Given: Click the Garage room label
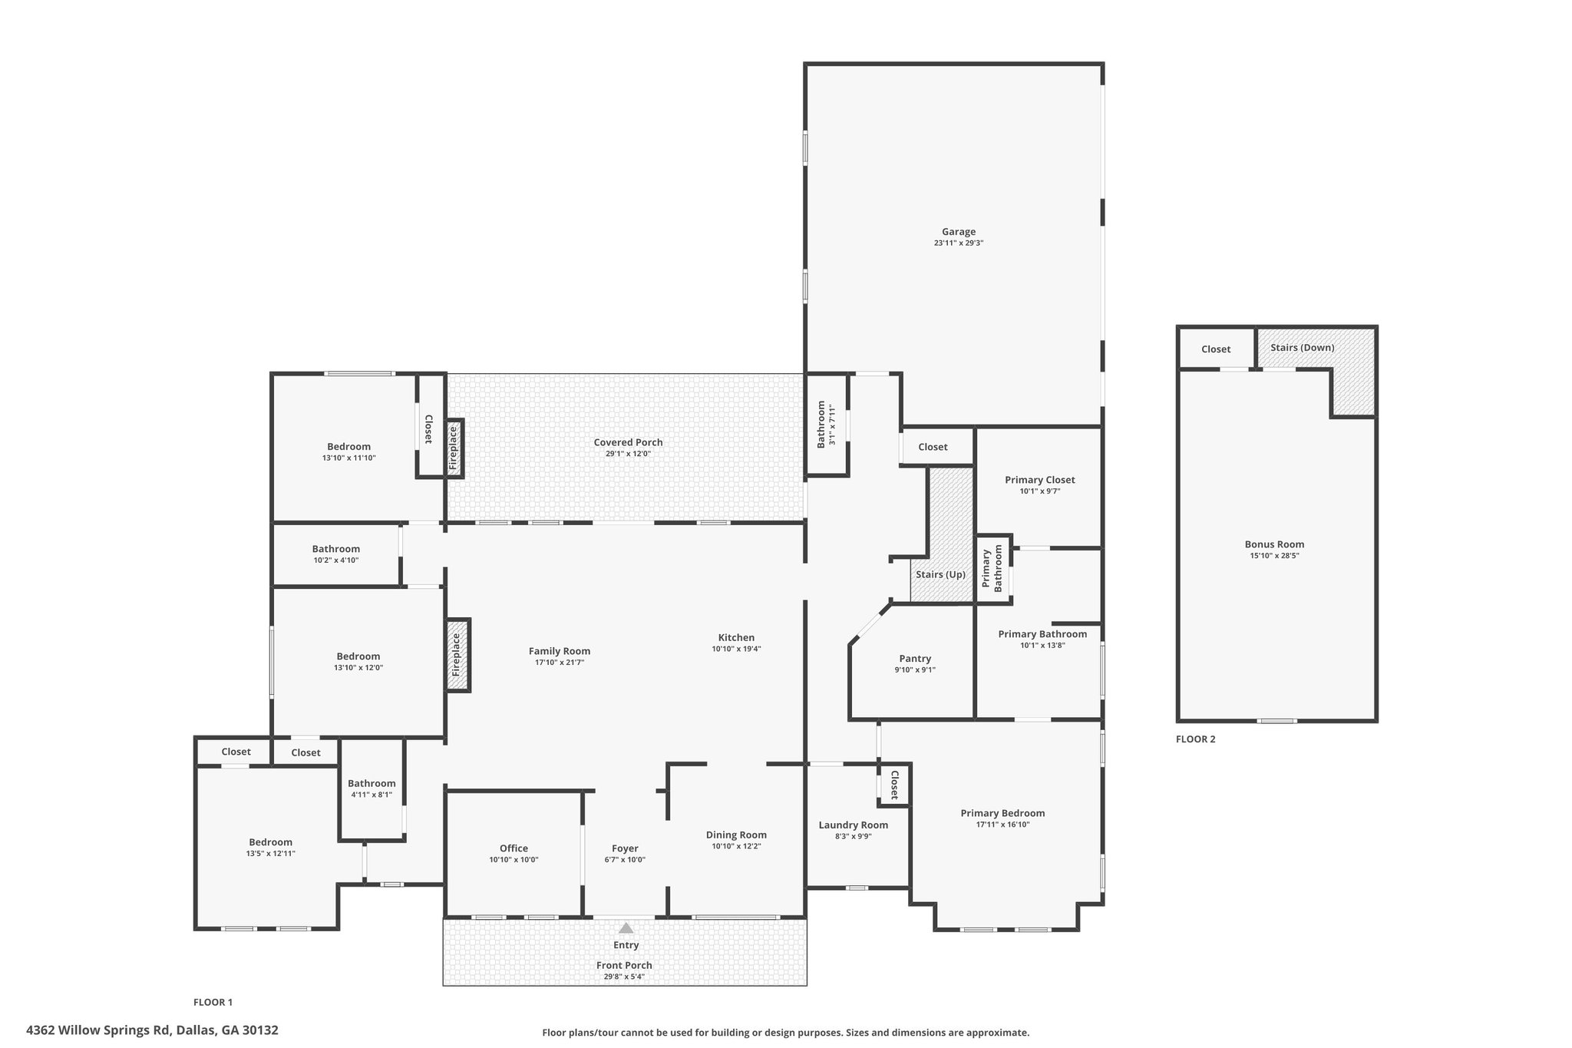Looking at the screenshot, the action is (x=959, y=232).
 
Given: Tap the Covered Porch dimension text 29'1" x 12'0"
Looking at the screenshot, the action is (x=628, y=454).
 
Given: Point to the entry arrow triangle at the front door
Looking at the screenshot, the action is (x=626, y=927).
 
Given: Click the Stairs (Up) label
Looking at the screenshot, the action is (x=940, y=574).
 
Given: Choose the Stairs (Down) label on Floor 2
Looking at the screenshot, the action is (x=1302, y=348).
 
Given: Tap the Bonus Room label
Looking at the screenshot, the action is (x=1274, y=544).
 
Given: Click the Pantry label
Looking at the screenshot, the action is (x=915, y=659).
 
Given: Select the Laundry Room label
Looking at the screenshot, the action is (x=853, y=825).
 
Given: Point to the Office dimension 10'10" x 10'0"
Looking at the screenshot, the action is (x=514, y=860).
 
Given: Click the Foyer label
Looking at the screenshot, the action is (x=625, y=848).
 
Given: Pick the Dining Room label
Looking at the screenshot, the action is (x=736, y=835).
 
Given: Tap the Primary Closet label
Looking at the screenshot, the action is (x=1039, y=480).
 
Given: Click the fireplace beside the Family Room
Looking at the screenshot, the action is (x=457, y=655).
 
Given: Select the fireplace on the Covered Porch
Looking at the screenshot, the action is (x=454, y=448).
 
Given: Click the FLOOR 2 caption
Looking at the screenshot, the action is (x=1196, y=739).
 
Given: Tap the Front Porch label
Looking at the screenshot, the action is (x=624, y=965).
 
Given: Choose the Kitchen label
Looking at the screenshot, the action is (x=736, y=637).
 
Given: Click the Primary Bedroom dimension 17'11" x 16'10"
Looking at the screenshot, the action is (x=1002, y=825).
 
